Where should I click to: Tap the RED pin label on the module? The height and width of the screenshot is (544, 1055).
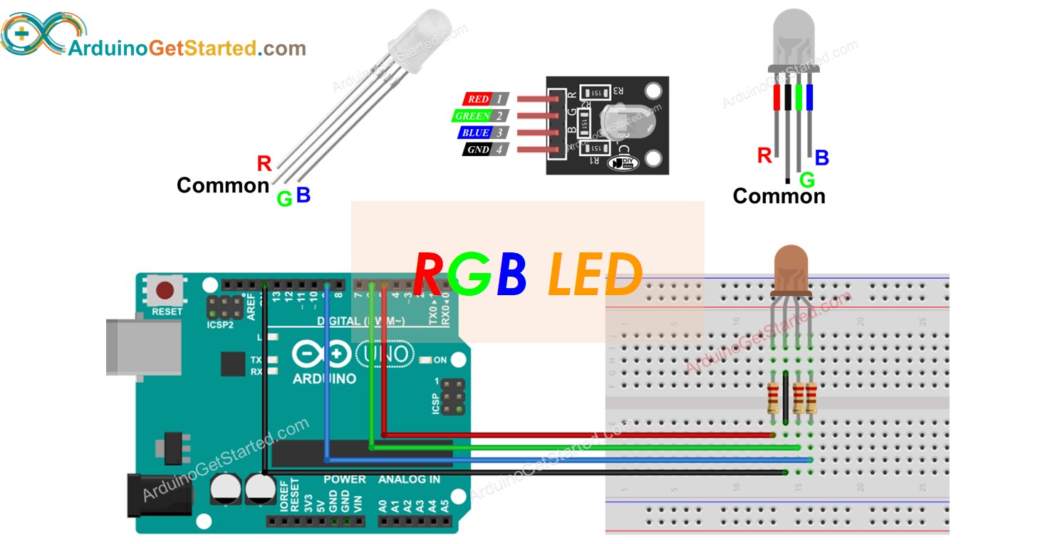pos(478,99)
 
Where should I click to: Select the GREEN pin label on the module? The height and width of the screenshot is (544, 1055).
pos(473,116)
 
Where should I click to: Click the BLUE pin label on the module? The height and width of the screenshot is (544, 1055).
pos(475,133)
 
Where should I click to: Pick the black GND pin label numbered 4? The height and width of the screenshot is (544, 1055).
pos(478,150)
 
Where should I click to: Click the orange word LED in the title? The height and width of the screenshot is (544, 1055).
pos(595,276)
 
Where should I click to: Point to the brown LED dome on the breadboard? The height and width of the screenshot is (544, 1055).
pos(790,270)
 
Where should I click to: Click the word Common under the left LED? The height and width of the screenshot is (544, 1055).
pos(223,185)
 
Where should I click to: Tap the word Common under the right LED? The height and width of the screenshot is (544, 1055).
pos(779,196)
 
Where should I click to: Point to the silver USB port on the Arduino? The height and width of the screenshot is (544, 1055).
pos(142,347)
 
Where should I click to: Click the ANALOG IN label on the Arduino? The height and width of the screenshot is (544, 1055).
pos(409,480)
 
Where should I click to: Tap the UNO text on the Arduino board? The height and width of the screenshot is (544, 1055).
pos(385,354)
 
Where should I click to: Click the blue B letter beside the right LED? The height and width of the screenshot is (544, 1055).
pos(821,158)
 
